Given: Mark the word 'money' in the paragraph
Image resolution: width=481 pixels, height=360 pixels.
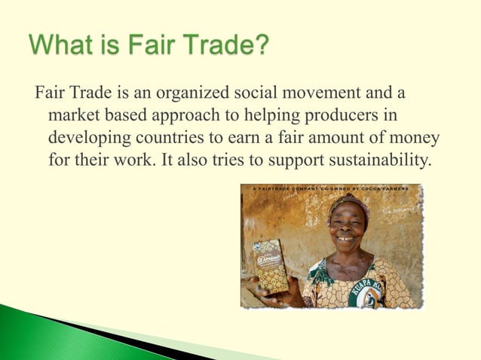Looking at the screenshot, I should coord(415,141).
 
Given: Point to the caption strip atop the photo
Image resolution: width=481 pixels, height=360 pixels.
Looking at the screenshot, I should coord(332,188).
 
